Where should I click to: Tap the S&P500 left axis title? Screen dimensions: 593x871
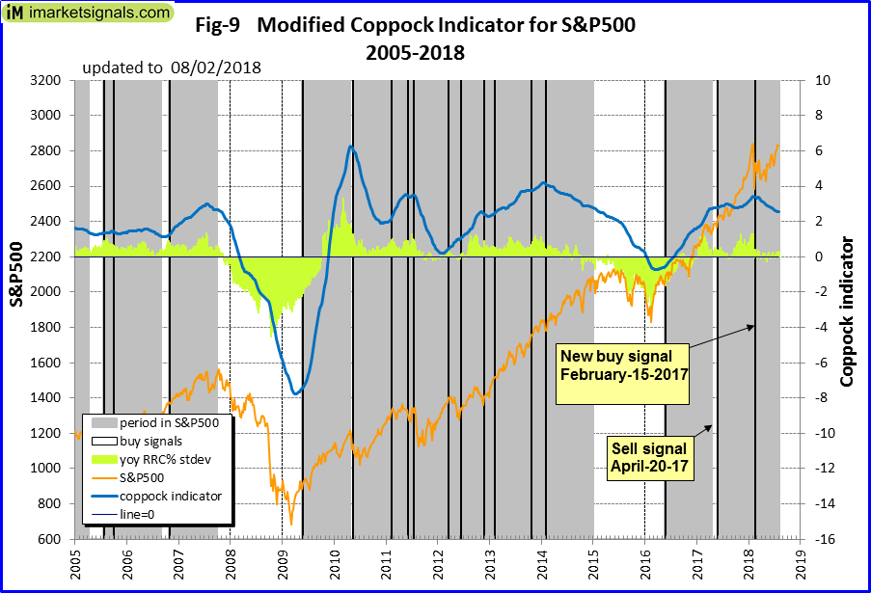click(x=17, y=275)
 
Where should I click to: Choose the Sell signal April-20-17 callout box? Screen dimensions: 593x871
click(x=648, y=455)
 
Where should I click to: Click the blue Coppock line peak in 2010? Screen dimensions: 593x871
click(x=351, y=147)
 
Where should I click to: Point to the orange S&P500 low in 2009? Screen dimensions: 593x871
click(x=290, y=524)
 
